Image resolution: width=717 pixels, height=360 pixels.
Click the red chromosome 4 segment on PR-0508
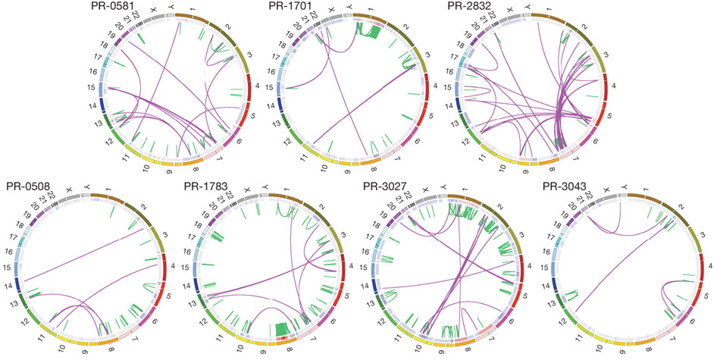165,266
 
